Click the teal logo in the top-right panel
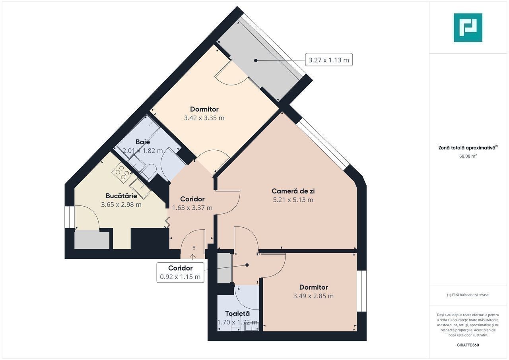[468, 27]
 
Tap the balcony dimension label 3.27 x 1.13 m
[328, 60]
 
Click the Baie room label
[143, 142]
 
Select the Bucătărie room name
[121, 195]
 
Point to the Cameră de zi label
[293, 191]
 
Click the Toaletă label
[237, 314]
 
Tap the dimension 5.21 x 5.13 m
[293, 200]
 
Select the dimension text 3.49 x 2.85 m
[313, 296]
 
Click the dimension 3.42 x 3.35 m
[204, 118]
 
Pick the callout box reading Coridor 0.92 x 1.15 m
[181, 272]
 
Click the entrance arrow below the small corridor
[193, 257]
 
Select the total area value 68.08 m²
[468, 156]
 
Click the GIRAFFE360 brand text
[468, 345]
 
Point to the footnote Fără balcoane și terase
[468, 295]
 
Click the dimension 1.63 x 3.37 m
[192, 208]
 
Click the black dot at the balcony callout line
[256, 61]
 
